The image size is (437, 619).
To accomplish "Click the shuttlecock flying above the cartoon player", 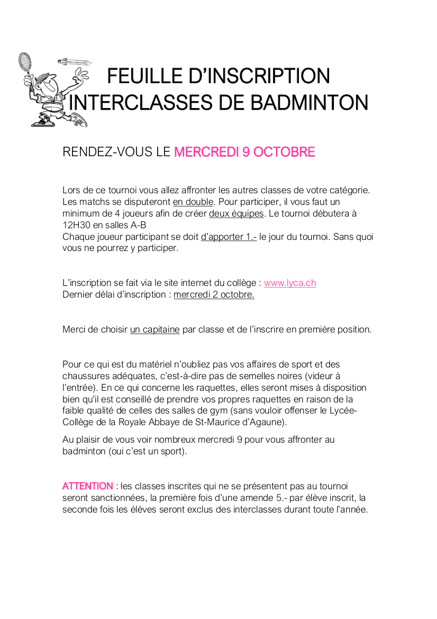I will pyautogui.click(x=68, y=61).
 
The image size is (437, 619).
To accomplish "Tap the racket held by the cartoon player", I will pyautogui.click(x=25, y=62).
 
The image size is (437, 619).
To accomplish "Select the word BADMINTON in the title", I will pyautogui.click(x=309, y=102).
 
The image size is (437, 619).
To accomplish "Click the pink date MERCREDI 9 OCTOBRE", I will pyautogui.click(x=244, y=152).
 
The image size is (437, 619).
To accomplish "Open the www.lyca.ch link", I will pyautogui.click(x=290, y=283).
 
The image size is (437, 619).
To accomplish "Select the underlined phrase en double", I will pyautogui.click(x=193, y=202).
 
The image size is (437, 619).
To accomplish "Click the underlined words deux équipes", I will pyautogui.click(x=236, y=213).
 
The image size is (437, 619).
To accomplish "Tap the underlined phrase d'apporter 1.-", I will pyautogui.click(x=229, y=237).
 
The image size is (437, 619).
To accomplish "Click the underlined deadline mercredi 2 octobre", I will pyautogui.click(x=214, y=294).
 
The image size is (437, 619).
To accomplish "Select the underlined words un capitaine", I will pyautogui.click(x=155, y=329).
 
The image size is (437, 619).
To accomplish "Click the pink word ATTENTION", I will pyautogui.click(x=87, y=486).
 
